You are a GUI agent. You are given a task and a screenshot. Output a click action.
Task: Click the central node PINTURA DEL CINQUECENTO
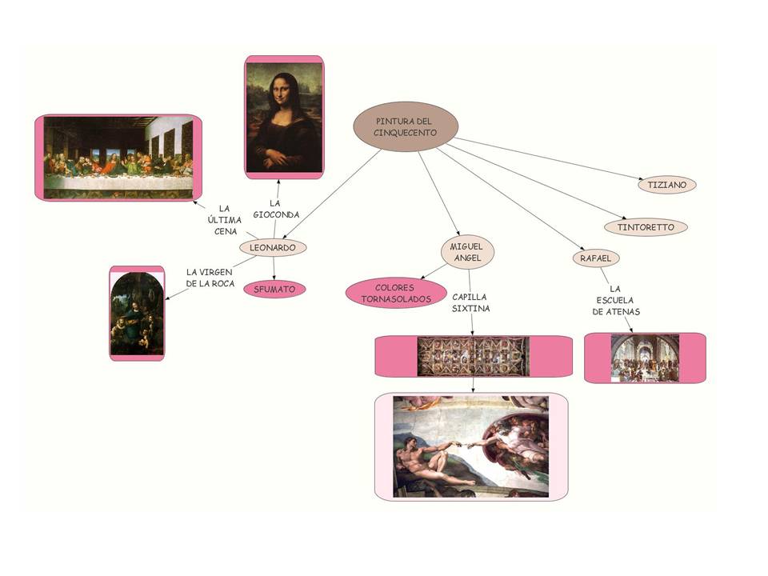click(406, 126)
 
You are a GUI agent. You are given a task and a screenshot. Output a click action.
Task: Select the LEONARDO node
click(273, 248)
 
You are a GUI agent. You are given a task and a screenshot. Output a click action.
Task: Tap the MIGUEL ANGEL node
click(467, 252)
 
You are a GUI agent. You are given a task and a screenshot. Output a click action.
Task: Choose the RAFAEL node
click(595, 258)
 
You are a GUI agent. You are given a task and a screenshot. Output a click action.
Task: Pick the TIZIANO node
click(667, 184)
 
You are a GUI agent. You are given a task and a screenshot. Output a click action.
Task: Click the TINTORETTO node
click(646, 227)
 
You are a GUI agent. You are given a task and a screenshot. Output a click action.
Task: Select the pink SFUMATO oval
click(274, 289)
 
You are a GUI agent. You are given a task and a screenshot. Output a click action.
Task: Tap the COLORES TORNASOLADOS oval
click(396, 294)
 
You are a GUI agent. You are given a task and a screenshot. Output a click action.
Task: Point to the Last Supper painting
click(118, 157)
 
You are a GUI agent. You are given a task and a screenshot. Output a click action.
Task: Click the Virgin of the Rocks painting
click(137, 313)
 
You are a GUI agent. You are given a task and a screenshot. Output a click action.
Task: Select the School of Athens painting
click(645, 358)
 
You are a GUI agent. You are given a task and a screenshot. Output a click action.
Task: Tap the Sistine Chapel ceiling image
click(474, 355)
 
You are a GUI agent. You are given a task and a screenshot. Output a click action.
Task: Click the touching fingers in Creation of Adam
click(466, 443)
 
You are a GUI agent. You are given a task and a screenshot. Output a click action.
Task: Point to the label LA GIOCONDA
click(276, 209)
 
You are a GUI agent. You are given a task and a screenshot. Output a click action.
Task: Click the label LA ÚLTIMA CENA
click(225, 220)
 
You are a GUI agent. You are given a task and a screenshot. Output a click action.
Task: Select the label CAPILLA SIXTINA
click(470, 302)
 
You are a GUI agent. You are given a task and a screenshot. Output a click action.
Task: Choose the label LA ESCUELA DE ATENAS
click(616, 300)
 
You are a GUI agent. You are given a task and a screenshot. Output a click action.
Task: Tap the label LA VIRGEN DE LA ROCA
click(210, 278)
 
